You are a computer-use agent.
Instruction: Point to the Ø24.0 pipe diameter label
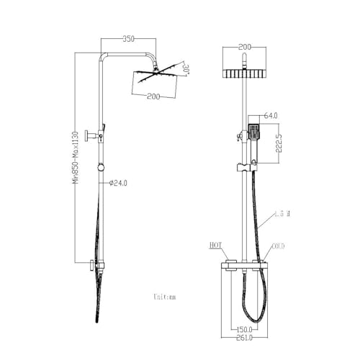[x=118, y=183]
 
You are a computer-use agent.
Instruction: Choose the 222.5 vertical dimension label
[x=286, y=142]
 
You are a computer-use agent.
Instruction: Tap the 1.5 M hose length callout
[x=283, y=214]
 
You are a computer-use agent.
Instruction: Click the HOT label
[x=215, y=246]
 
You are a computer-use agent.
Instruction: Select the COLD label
[x=278, y=246]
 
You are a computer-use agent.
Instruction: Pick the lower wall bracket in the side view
[x=91, y=264]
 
